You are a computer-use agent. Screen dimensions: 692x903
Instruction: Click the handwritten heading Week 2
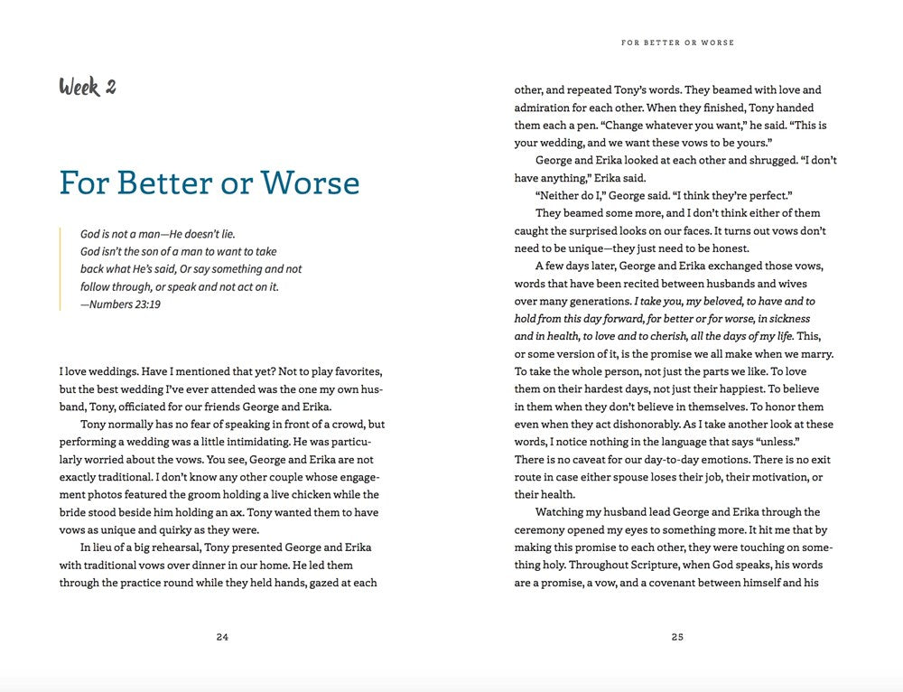[x=88, y=87]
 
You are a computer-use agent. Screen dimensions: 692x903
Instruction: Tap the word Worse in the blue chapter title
[x=311, y=182]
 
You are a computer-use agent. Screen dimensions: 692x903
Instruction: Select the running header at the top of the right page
[x=677, y=42]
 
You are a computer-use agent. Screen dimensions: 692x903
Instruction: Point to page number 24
[x=222, y=637]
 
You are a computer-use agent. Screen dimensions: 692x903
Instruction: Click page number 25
[x=677, y=637]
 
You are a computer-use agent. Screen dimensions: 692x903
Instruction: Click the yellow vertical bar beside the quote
[x=61, y=268]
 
